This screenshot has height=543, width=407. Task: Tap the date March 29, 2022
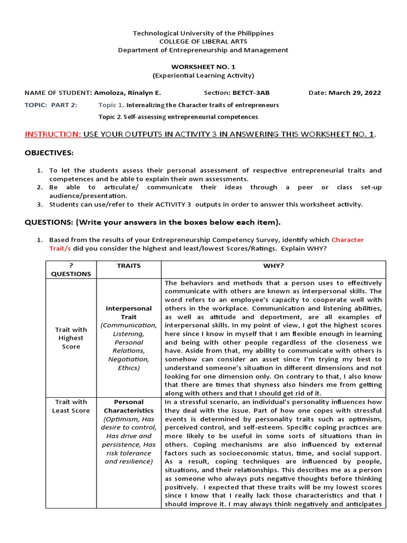click(355, 92)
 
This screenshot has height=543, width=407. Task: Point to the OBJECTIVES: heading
click(49, 153)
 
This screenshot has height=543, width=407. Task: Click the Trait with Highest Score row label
click(70, 338)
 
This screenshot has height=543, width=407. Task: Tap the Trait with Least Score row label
click(70, 406)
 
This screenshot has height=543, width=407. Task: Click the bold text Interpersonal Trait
click(129, 312)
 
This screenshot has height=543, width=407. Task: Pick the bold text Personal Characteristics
click(129, 406)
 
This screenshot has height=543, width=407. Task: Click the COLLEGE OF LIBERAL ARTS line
click(203, 41)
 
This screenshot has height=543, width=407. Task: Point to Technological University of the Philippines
click(203, 33)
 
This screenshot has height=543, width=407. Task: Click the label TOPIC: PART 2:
click(51, 105)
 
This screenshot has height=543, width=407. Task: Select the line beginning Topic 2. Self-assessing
click(178, 117)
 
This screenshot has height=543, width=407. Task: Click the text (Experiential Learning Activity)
click(203, 75)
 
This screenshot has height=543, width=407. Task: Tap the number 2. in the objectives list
click(40, 187)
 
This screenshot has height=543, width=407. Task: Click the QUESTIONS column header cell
click(70, 269)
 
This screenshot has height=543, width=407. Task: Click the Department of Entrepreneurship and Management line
click(203, 50)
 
